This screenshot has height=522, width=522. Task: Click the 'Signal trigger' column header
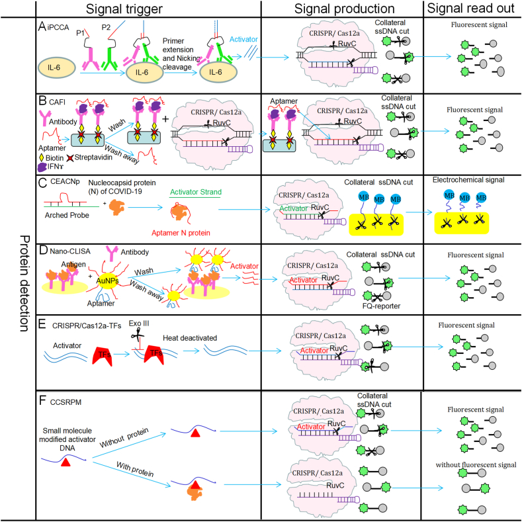coord(148,9)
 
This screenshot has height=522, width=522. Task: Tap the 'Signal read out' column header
coord(471,9)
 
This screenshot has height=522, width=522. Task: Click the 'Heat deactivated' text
coord(189,337)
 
